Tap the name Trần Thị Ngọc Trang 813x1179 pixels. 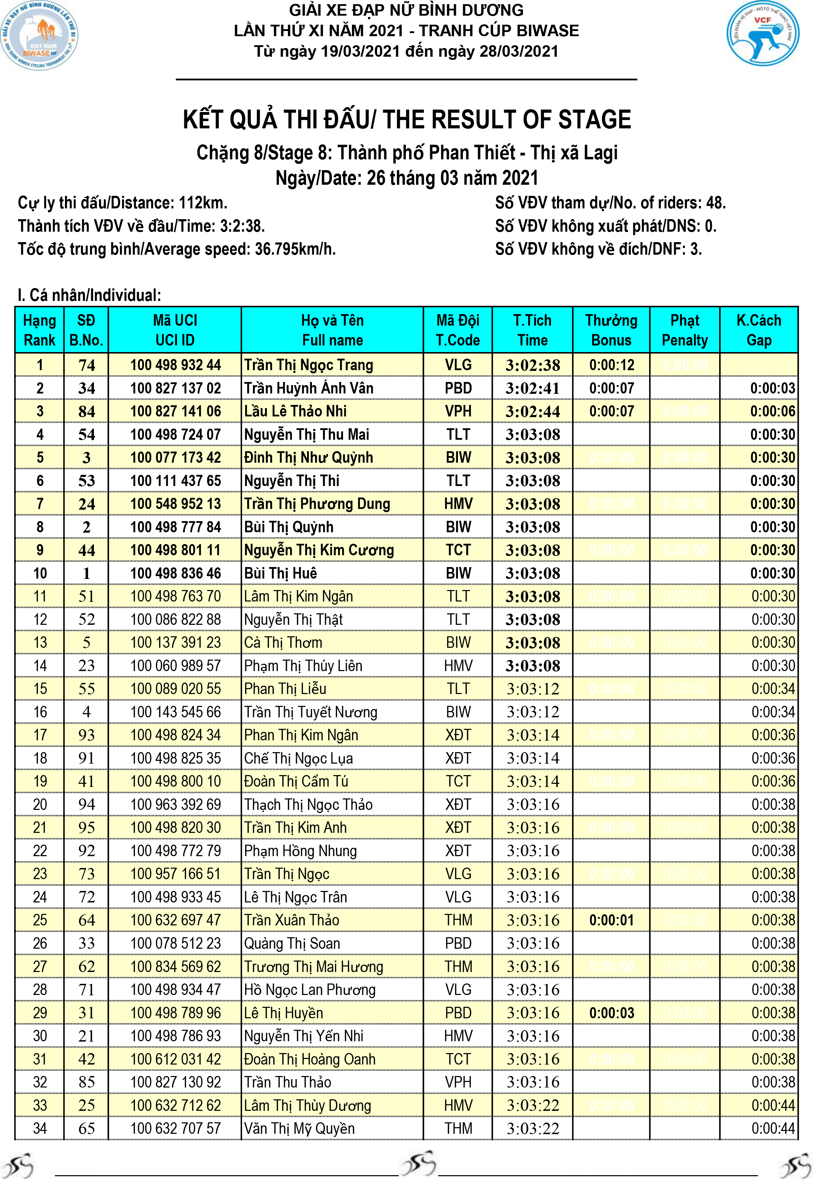point(309,365)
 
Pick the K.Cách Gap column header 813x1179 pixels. point(758,330)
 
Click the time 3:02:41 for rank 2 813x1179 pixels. point(532,388)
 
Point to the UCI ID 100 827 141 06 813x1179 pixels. point(175,411)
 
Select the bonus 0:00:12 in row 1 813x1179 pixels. point(611,365)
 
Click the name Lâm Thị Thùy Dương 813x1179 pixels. point(307,1105)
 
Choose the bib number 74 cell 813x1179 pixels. point(86,365)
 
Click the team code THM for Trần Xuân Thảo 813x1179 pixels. point(458,920)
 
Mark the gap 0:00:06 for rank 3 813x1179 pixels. point(772,411)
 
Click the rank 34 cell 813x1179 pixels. point(40,1128)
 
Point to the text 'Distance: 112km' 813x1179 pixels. point(122,203)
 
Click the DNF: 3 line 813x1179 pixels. point(598,249)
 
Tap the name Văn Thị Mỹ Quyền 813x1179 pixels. point(299,1128)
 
